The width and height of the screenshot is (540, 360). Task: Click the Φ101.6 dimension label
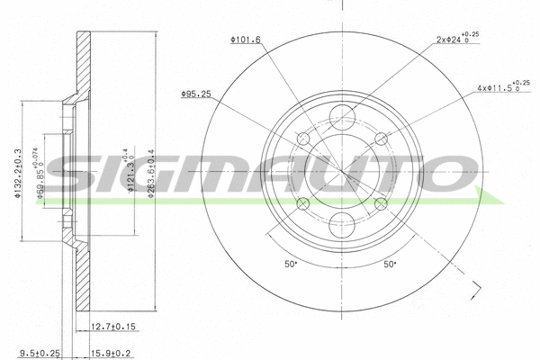click(246, 40)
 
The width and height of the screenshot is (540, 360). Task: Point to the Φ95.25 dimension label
click(195, 94)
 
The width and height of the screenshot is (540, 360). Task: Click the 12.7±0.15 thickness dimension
click(114, 327)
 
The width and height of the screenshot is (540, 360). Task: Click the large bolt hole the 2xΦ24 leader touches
click(342, 115)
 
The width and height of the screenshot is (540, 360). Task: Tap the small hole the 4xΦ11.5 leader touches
click(381, 138)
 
